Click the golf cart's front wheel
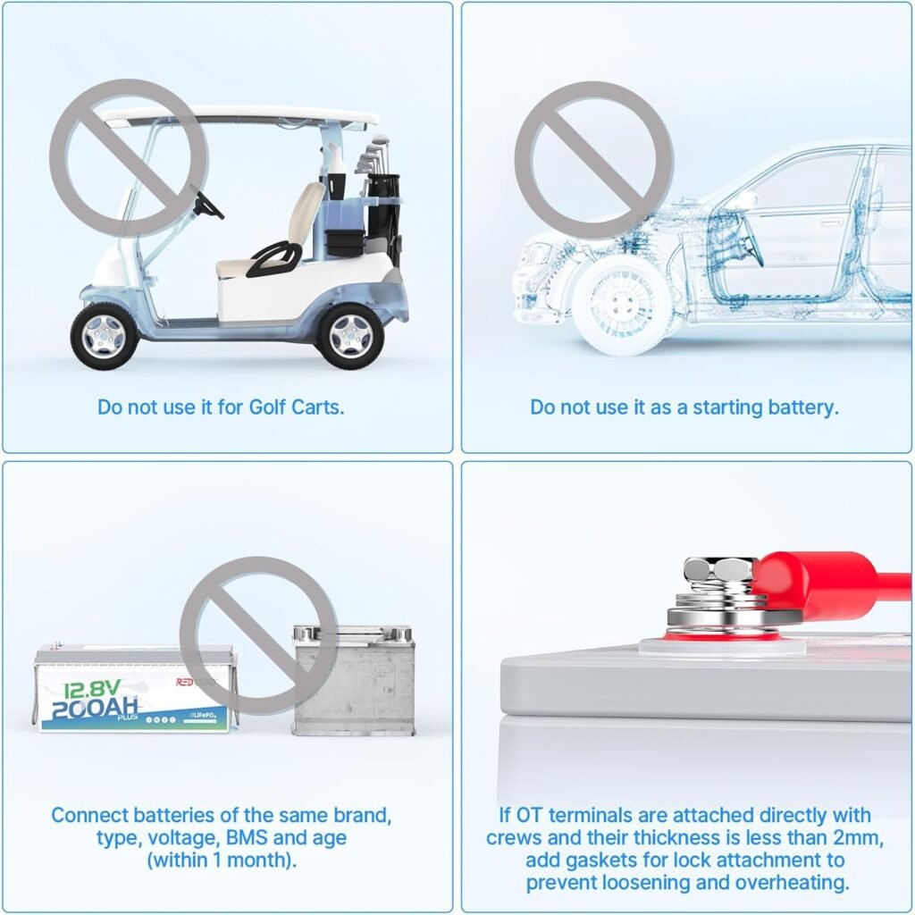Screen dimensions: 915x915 pos(105,336)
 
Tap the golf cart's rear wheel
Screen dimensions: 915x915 pos(350,336)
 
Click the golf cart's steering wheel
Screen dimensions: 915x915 pos(208,202)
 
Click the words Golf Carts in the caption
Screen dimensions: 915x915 pos(296,407)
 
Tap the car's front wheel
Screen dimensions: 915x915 pos(620,306)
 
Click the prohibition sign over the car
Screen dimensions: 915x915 pos(594,161)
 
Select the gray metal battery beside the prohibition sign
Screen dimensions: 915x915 pos(353,680)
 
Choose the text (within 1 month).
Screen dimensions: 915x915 pos(222,860)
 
